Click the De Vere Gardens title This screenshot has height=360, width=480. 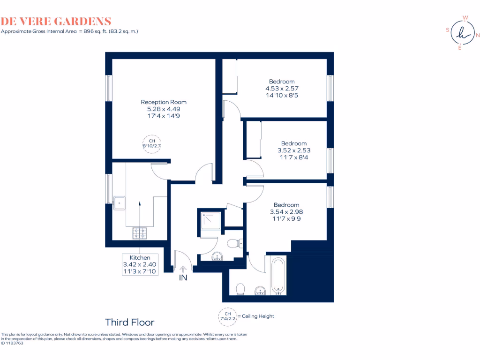coord(56,21)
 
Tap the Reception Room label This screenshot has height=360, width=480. coord(164,102)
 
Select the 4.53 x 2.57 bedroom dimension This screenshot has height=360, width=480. coord(282,88)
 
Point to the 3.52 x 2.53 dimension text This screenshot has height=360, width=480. coord(294,150)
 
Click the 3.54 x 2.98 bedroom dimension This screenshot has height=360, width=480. coord(286,212)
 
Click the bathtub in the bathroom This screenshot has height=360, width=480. coord(277,277)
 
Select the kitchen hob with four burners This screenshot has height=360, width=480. coord(140,232)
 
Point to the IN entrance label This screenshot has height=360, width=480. coord(183,277)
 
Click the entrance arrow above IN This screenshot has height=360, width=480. coord(183,269)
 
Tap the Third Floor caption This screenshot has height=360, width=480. coord(129,322)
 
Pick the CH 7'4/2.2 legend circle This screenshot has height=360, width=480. coord(227,316)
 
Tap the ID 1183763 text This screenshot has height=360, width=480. coord(12,343)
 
